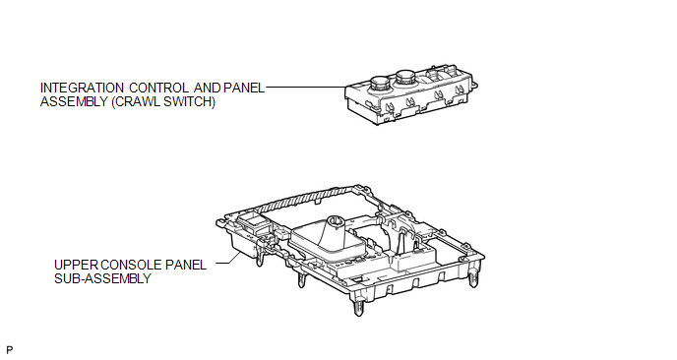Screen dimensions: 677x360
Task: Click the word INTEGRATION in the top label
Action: tap(82, 89)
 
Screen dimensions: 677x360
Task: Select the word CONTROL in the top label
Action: tap(158, 89)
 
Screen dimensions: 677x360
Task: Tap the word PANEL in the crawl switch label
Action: tap(244, 89)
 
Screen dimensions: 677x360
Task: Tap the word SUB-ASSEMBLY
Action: tap(102, 278)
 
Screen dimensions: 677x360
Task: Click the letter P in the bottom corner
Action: tap(10, 350)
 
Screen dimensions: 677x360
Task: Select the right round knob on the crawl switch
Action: tap(405, 79)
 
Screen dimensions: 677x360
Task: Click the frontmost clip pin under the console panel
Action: tap(358, 308)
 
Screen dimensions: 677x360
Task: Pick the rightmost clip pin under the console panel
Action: tap(473, 278)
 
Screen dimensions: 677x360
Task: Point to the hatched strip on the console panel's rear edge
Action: tap(302, 199)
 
